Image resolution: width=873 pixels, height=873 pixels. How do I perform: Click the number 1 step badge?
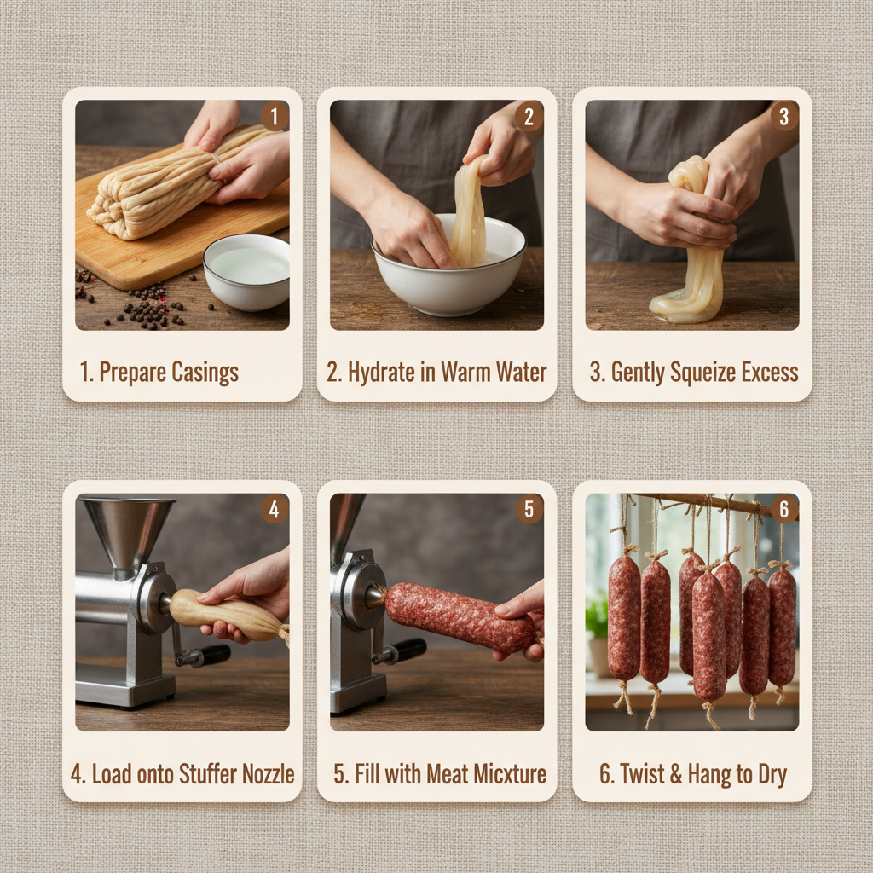pyautogui.click(x=274, y=116)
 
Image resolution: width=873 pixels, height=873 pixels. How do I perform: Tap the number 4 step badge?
pyautogui.click(x=274, y=509)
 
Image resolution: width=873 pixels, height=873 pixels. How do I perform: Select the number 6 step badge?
pyautogui.click(x=783, y=509)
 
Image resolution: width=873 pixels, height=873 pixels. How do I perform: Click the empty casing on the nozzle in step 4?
pyautogui.click(x=223, y=614)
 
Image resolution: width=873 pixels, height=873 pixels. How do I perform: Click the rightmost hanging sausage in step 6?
pyautogui.click(x=781, y=626)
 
